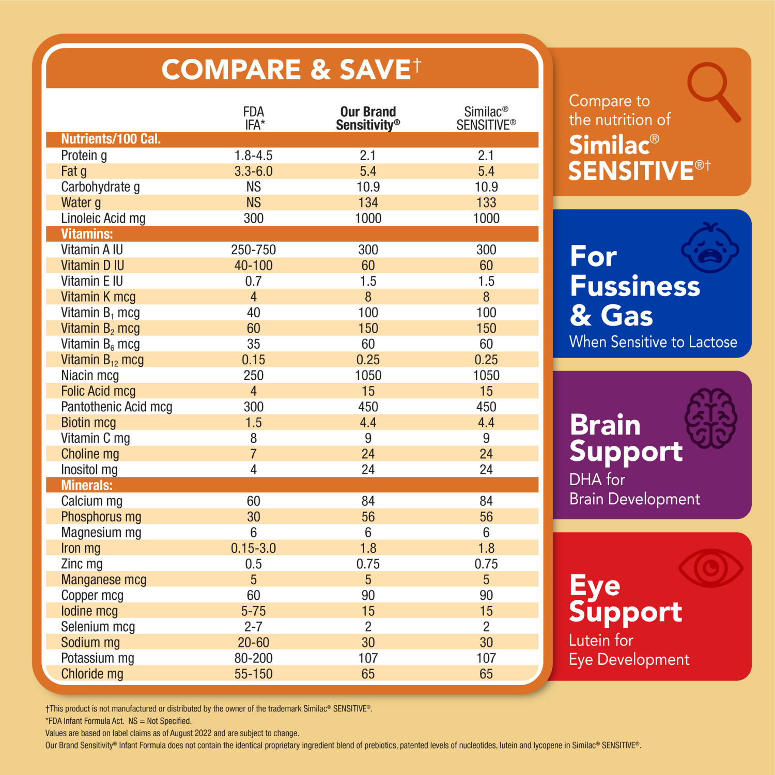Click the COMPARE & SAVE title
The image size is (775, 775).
click(x=291, y=69)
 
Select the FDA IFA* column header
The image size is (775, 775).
click(x=254, y=118)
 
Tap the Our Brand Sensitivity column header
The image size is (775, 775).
click(x=368, y=118)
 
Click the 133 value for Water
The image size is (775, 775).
click(x=486, y=203)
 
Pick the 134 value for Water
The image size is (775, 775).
click(x=368, y=203)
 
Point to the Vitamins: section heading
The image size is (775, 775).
click(x=87, y=234)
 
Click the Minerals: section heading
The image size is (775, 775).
click(x=87, y=485)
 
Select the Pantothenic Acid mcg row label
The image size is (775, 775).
click(x=116, y=407)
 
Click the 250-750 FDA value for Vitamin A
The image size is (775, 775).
click(x=253, y=250)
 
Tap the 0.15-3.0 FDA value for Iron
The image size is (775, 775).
click(x=253, y=548)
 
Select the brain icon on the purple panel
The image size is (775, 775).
click(x=711, y=418)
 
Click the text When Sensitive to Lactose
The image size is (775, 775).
click(x=653, y=342)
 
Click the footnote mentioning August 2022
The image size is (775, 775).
click(x=172, y=733)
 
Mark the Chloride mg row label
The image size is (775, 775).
click(x=92, y=674)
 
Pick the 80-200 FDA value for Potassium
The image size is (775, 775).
click(x=253, y=658)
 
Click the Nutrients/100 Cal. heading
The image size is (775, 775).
click(x=111, y=139)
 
